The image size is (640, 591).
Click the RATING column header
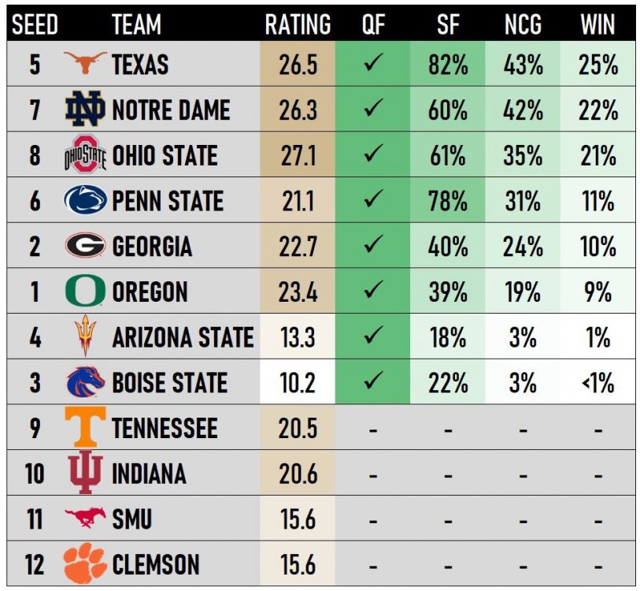point(297,24)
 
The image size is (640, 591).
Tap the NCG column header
point(523,24)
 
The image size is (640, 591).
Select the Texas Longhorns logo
point(84,63)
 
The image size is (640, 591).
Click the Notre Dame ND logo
point(84,109)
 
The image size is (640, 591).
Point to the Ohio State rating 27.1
point(297,155)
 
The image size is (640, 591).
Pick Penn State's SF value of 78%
point(447,201)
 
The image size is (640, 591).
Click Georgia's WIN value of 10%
point(597,247)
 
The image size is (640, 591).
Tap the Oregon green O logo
point(84,292)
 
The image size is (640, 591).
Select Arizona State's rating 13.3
point(297,338)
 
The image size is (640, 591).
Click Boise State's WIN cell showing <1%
point(597,384)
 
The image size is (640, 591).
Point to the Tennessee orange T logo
point(84,428)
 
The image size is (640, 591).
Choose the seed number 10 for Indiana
point(35,474)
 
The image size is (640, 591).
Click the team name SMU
point(131,519)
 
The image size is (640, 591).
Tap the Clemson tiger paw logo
point(84,564)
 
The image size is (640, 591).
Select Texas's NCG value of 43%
point(523,64)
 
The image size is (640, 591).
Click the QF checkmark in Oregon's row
point(373,292)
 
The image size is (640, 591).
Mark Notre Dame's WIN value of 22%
point(597,110)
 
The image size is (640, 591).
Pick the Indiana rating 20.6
point(297,474)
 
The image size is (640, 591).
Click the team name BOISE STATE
point(169,384)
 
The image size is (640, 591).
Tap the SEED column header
point(35,24)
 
